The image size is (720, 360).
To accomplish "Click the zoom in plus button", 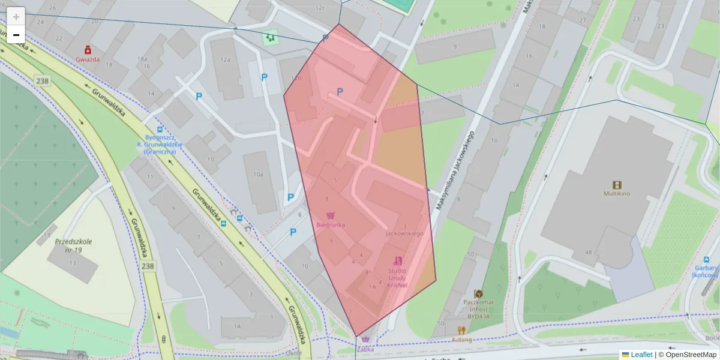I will [16, 16].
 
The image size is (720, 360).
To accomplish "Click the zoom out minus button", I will [16, 35].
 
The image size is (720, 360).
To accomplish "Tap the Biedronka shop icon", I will [330, 215].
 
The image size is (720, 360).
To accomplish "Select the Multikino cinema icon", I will [617, 184].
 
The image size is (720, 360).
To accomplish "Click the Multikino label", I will [617, 194].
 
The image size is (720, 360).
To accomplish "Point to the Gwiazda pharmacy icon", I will [88, 50].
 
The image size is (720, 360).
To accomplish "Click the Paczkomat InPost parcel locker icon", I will [478, 293].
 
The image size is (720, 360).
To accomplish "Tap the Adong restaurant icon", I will [461, 330].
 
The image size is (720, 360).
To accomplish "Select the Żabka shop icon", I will [365, 340].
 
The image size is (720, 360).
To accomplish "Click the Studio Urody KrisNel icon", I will [397, 261].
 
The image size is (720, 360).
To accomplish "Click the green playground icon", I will [270, 38].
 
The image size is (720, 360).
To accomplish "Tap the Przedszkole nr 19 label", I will [74, 245].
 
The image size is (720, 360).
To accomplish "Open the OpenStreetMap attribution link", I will [691, 355].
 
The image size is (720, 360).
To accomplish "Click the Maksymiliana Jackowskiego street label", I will [454, 170].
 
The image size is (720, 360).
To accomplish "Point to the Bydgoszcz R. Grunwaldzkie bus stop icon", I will [160, 129].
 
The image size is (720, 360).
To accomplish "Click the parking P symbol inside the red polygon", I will [340, 92].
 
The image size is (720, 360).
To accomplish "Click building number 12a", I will [226, 59].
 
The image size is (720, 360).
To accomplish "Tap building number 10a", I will [258, 175].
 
